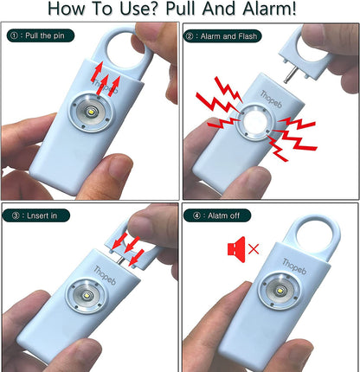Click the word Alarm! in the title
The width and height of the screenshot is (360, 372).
click(x=269, y=9)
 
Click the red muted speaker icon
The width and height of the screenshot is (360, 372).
click(x=236, y=249)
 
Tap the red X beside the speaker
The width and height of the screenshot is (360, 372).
click(x=254, y=249)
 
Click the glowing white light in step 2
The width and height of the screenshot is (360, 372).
click(x=254, y=121)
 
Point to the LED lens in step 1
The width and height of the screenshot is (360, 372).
click(x=91, y=112)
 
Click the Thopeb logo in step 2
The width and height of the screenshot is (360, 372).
click(x=271, y=99)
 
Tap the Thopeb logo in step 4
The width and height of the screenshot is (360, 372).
click(x=294, y=266)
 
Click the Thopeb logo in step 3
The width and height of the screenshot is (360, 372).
click(x=105, y=274)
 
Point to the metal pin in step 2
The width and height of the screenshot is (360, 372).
click(x=290, y=74)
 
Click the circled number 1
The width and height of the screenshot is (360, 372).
click(x=14, y=35)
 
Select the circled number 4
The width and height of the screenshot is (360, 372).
click(x=196, y=215)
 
